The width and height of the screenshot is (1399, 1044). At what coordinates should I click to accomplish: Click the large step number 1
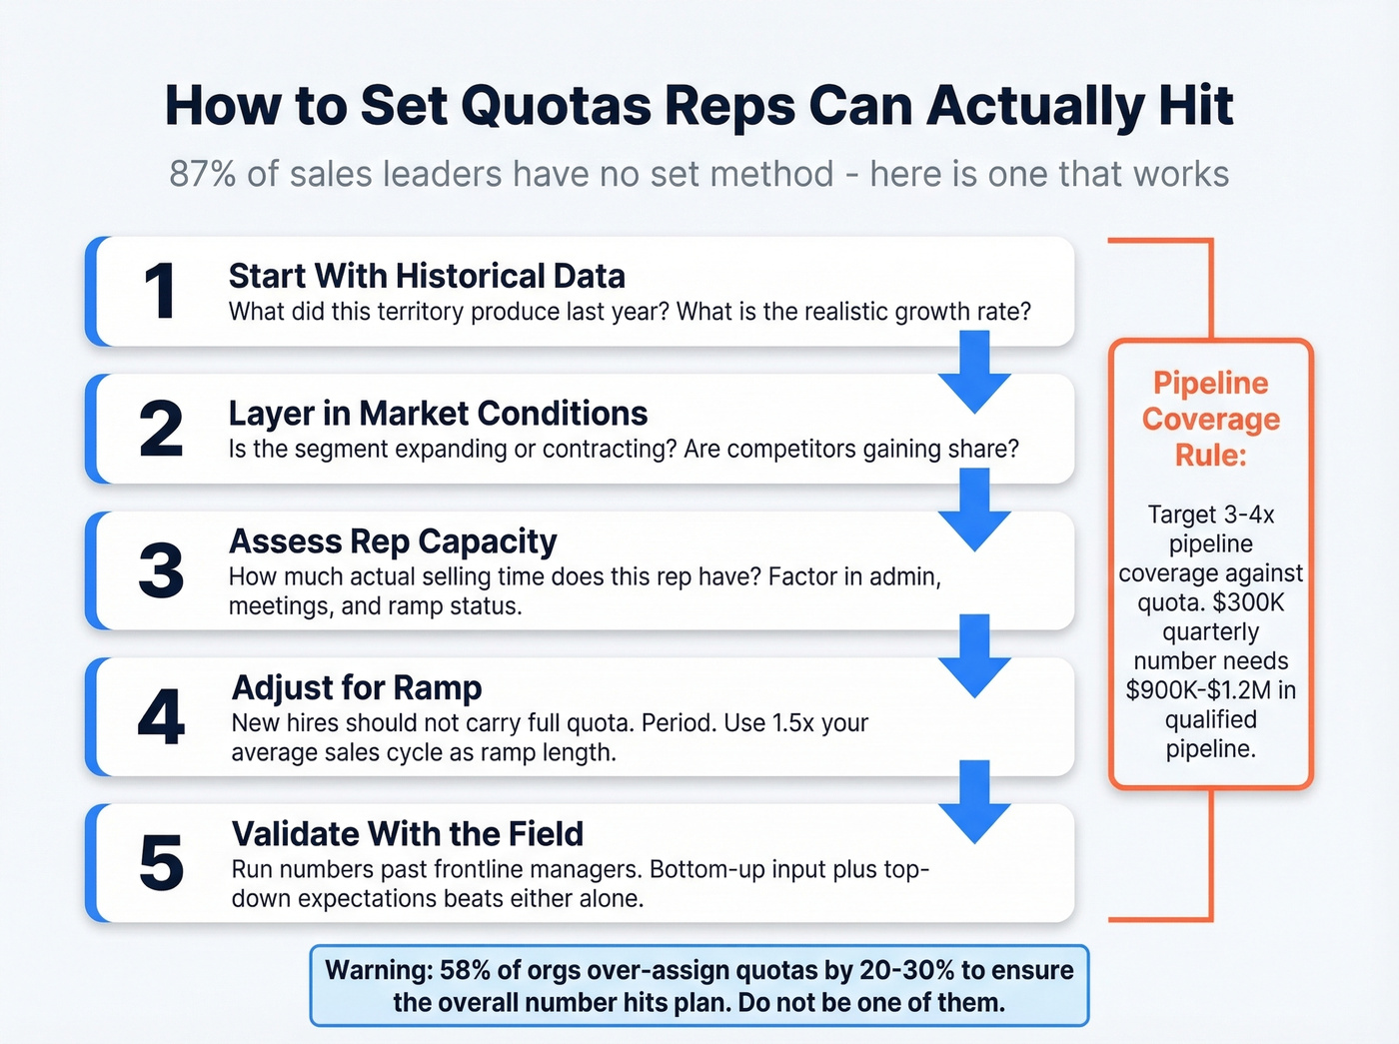click(x=160, y=292)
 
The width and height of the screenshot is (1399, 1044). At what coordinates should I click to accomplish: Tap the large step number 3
click(x=161, y=570)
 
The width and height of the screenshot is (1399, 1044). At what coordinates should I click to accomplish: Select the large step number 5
click(x=161, y=863)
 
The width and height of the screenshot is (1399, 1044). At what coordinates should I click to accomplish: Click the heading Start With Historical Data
click(x=427, y=276)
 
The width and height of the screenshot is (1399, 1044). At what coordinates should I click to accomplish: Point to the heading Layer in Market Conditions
click(x=438, y=413)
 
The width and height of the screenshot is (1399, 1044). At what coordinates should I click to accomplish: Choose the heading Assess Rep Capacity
click(x=393, y=540)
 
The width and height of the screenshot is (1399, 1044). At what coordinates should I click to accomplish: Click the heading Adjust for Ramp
click(x=357, y=687)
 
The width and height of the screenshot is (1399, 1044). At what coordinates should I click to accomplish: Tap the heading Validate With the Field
click(x=408, y=833)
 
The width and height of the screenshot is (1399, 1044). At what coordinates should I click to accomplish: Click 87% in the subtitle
click(x=202, y=174)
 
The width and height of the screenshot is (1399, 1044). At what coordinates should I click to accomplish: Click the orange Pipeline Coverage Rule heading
click(x=1210, y=419)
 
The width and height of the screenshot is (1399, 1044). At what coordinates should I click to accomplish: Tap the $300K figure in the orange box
click(x=1248, y=602)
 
